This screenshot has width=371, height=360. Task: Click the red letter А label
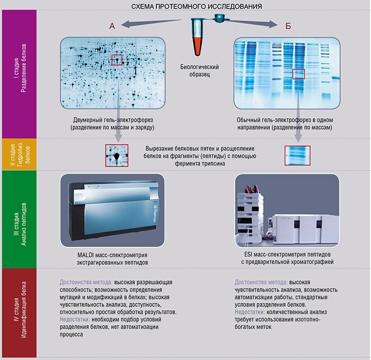112,26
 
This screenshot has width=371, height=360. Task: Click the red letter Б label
288,26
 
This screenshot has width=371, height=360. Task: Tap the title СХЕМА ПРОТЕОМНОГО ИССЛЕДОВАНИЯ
197,7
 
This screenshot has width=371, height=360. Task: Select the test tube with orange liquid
197,37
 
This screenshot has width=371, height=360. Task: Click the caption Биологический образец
200,71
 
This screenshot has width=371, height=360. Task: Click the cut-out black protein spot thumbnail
117,155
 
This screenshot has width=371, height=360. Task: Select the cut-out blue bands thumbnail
297,155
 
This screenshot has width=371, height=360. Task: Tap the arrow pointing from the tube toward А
151,23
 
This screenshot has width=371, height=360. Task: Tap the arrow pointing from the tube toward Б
251,23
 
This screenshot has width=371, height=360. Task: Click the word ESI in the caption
249,255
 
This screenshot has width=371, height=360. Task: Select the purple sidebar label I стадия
17,68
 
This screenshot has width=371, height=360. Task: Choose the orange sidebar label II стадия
13,155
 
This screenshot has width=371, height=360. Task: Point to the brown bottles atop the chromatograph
252,189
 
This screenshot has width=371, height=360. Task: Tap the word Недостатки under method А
75,319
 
